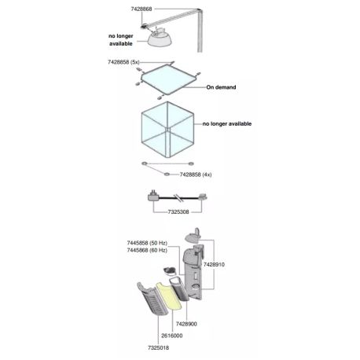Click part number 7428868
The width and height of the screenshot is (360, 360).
click(x=141, y=9)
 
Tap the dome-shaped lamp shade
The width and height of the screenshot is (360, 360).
click(x=160, y=39)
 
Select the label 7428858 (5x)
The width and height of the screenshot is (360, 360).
click(x=123, y=62)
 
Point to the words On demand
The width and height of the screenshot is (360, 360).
click(x=221, y=87)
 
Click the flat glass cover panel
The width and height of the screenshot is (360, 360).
click(x=168, y=79)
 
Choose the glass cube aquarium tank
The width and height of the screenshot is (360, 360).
click(x=167, y=130)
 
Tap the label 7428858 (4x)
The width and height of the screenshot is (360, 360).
click(x=196, y=174)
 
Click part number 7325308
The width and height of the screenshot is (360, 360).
click(x=178, y=211)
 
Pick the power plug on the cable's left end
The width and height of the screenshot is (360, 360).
click(x=152, y=196)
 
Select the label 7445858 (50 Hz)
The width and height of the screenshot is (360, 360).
click(x=147, y=243)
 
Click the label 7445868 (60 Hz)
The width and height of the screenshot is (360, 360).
click(x=147, y=250)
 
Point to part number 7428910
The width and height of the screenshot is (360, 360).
click(x=214, y=265)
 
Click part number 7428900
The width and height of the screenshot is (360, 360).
click(x=186, y=324)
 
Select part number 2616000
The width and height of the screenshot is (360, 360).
click(x=172, y=336)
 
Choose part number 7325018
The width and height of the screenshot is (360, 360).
click(x=158, y=348)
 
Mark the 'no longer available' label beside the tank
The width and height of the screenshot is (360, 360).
click(x=227, y=123)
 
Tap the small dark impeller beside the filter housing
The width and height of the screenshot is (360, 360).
click(x=169, y=270)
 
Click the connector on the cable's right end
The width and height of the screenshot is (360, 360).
click(x=203, y=197)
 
